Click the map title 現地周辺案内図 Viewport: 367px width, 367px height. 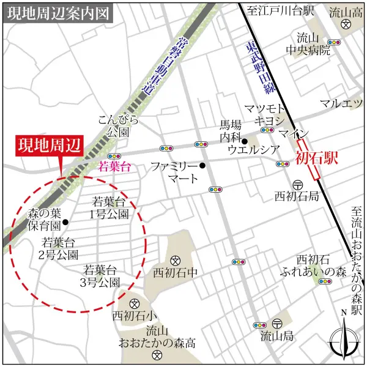pos(59,13)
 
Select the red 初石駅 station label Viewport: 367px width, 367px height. pos(317,160)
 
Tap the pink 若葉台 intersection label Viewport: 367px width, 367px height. pos(115,166)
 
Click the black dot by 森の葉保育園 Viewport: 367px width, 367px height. pos(65,223)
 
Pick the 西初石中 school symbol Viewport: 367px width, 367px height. pos(175,259)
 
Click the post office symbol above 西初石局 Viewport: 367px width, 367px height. pos(297,184)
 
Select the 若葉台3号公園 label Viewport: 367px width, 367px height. pos(102,275)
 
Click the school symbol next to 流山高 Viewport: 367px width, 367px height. pos(347,26)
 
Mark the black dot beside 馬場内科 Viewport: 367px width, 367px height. pos(245,142)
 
